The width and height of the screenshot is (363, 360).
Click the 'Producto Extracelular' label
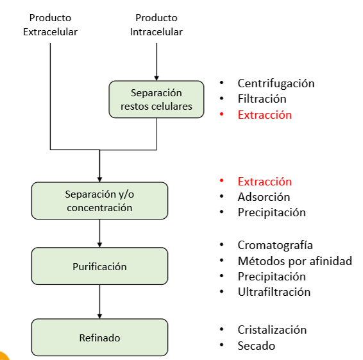50,24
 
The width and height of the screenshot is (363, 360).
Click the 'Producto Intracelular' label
156,24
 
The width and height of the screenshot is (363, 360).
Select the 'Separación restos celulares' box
156,99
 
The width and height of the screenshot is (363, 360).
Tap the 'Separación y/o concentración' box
99,200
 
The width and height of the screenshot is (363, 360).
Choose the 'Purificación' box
99,266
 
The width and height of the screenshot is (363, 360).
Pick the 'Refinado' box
99,338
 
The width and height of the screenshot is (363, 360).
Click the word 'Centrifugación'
276,83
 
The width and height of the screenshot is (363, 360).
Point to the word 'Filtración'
262,99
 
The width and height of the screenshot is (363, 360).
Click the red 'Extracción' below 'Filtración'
264,115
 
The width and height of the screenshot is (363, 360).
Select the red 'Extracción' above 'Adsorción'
264,182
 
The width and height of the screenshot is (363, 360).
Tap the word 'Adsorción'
264,197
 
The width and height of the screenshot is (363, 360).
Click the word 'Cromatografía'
275,245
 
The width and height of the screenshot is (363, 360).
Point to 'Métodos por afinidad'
294,261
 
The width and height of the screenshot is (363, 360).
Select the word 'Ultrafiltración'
274,292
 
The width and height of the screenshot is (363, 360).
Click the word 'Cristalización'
272,330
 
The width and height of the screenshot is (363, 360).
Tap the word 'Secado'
256,346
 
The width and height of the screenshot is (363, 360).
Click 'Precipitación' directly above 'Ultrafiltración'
271,277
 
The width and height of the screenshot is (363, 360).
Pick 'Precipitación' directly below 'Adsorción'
271,212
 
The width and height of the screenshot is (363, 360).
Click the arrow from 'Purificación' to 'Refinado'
99,302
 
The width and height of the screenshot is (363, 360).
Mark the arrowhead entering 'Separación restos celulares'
156,77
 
